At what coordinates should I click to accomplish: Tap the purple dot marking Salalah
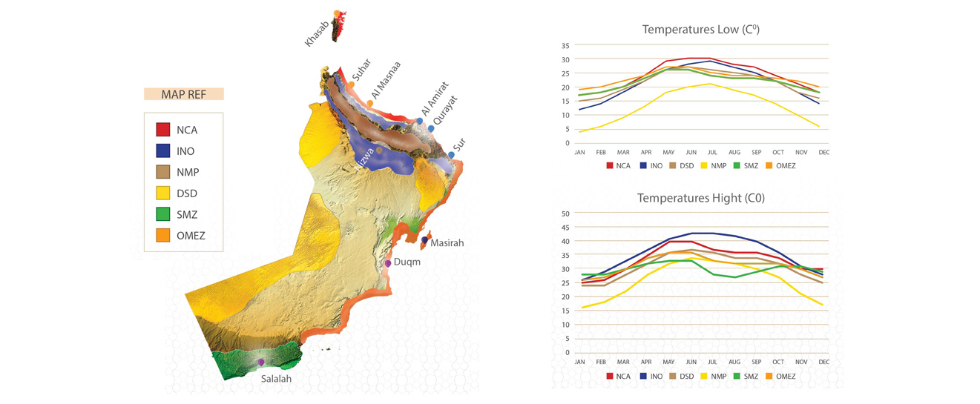click(x=261, y=362)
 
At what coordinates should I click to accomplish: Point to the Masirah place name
click(x=447, y=242)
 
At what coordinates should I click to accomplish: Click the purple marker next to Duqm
click(x=388, y=263)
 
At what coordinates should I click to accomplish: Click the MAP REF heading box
click(x=183, y=94)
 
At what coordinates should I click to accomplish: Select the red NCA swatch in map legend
click(x=163, y=130)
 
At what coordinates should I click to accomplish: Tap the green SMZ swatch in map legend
click(x=163, y=215)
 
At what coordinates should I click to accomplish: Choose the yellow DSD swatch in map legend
click(x=163, y=193)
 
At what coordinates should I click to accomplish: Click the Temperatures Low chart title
click(x=700, y=30)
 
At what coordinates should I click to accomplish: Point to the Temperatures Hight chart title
click(x=700, y=198)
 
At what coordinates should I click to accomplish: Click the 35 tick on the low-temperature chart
click(x=565, y=45)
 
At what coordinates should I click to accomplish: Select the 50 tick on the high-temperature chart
click(x=565, y=213)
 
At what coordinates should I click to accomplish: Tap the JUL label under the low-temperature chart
click(x=713, y=152)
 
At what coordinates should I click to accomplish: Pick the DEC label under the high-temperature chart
click(x=823, y=362)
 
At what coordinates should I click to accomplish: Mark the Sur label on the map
click(x=459, y=146)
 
